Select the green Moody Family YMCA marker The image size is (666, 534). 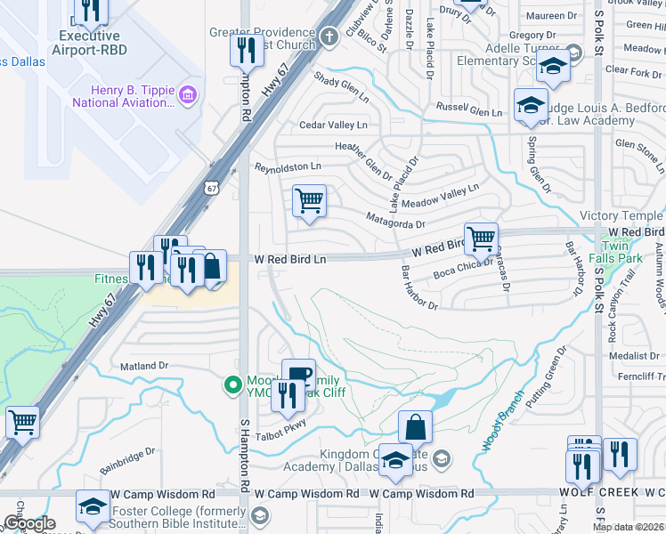(x=231, y=384)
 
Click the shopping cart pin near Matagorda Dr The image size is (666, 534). (x=309, y=200)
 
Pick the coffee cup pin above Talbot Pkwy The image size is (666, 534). (x=298, y=374)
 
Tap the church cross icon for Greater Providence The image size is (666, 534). (x=329, y=37)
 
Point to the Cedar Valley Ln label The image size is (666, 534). (x=333, y=125)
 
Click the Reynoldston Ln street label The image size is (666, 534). (x=288, y=166)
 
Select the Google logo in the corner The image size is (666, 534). (x=29, y=523)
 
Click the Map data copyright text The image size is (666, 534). (x=628, y=527)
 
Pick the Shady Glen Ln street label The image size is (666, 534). (x=341, y=85)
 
